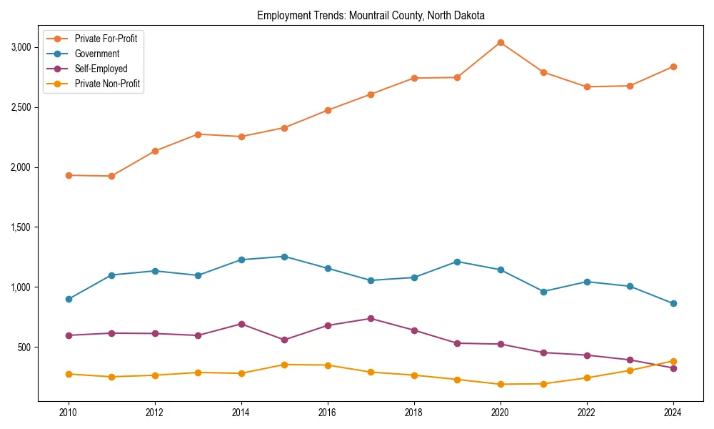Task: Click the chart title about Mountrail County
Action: tap(371, 15)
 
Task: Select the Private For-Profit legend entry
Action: tap(106, 39)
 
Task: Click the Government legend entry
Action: tap(96, 54)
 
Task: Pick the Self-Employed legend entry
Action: tap(101, 69)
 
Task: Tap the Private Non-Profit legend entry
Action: tap(107, 84)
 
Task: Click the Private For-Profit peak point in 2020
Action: tap(501, 42)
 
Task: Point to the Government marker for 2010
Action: tap(69, 299)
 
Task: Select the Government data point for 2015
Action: tap(284, 256)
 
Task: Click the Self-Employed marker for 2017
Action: tap(371, 318)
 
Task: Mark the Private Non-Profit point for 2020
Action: tap(501, 384)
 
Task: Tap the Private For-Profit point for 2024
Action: tap(673, 66)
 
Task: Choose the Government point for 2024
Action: tap(673, 303)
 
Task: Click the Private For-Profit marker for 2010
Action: tap(69, 175)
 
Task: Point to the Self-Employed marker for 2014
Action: tap(241, 324)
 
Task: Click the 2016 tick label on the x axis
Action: tap(328, 413)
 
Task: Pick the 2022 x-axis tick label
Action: tap(587, 413)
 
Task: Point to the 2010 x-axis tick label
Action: tap(69, 413)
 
